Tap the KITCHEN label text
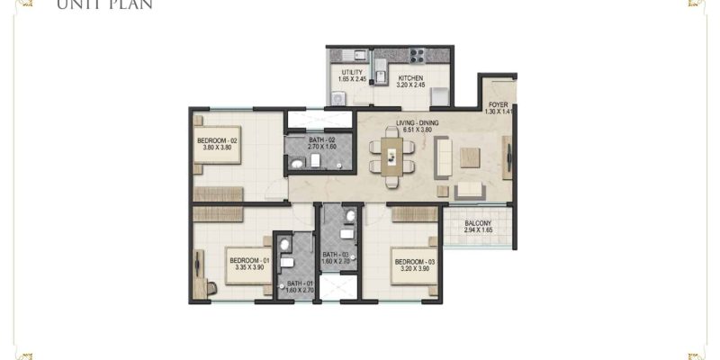pyautogui.click(x=411, y=77)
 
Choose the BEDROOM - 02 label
pyautogui.click(x=216, y=141)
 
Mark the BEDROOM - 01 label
pyautogui.click(x=245, y=258)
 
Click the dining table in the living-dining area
pyautogui.click(x=391, y=154)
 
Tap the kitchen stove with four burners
pyautogui.click(x=418, y=55)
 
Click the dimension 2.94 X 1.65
pyautogui.click(x=477, y=231)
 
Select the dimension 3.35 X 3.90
pyautogui.click(x=245, y=266)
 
